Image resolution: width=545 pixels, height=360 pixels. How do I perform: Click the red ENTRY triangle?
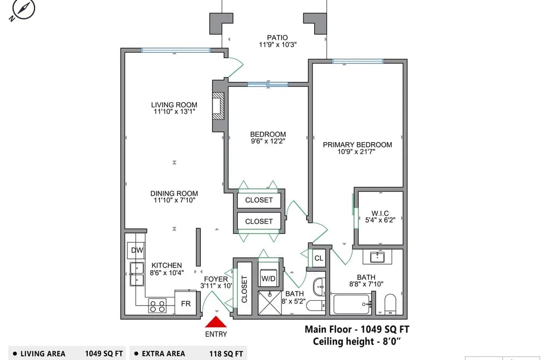pyautogui.click(x=216, y=322)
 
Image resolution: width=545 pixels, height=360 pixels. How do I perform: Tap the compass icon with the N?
pyautogui.click(x=22, y=9)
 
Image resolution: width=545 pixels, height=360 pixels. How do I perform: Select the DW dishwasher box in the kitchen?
pyautogui.click(x=137, y=250)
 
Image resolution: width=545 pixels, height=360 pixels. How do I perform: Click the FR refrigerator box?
pyautogui.click(x=186, y=303)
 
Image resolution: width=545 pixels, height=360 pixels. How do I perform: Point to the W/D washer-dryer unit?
pyautogui.click(x=268, y=278)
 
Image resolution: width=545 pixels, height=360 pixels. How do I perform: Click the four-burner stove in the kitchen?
pyautogui.click(x=157, y=307)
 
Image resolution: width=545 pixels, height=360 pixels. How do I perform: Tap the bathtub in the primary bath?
pyautogui.click(x=352, y=305)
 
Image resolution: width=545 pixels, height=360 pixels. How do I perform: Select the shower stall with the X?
pyautogui.click(x=270, y=303)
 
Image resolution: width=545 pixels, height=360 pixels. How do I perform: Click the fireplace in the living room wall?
pyautogui.click(x=218, y=106)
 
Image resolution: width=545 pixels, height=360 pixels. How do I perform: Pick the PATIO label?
pyautogui.click(x=278, y=38)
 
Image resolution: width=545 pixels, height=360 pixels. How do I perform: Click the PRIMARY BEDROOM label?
pyautogui.click(x=357, y=145)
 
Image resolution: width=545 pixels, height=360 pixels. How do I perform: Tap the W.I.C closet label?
pyautogui.click(x=380, y=213)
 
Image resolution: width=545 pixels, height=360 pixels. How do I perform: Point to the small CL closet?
pyautogui.click(x=318, y=258)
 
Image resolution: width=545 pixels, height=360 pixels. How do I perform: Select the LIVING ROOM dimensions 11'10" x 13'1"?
pyautogui.click(x=174, y=111)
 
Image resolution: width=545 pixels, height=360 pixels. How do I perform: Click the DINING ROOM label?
pyautogui.click(x=174, y=194)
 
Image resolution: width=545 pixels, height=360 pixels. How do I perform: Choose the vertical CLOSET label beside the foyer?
pyautogui.click(x=244, y=289)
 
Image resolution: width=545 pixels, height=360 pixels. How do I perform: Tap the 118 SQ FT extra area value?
pyautogui.click(x=226, y=354)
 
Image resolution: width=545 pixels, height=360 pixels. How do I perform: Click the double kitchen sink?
pyautogui.click(x=137, y=274)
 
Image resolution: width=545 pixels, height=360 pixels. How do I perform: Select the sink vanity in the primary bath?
pyautogui.click(x=377, y=257)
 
